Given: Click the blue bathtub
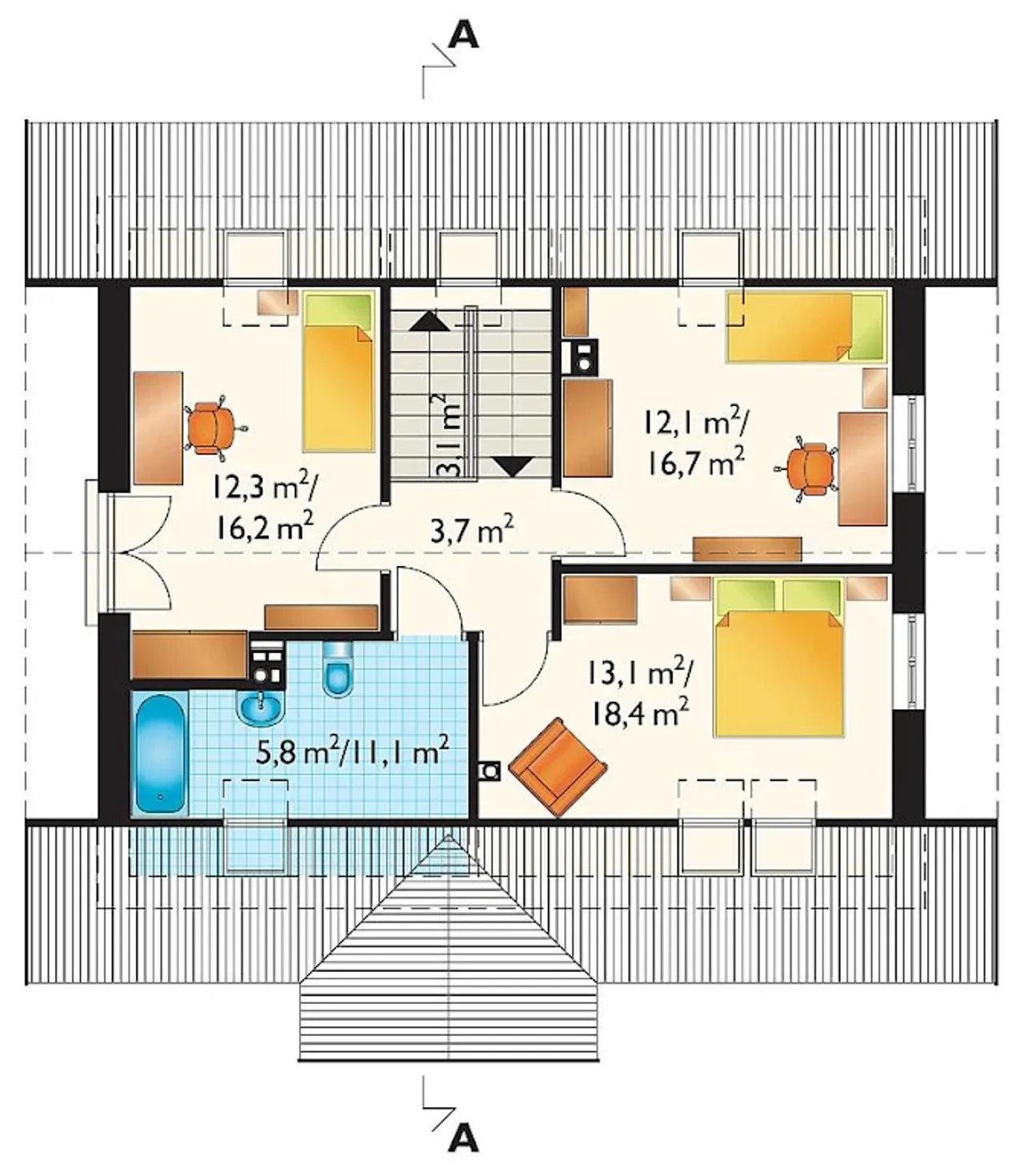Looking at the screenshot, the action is point(160,753).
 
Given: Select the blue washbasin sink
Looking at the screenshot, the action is point(261,707).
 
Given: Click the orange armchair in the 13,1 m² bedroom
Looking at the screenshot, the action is point(557,767).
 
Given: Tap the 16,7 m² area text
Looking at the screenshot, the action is point(696,462).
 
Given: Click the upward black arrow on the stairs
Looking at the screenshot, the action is point(430,322).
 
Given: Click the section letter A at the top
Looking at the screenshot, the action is point(464,38).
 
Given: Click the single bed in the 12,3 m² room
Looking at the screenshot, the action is point(338,372).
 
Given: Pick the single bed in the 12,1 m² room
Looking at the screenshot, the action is point(808,326).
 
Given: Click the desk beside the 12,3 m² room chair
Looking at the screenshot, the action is point(158,428).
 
